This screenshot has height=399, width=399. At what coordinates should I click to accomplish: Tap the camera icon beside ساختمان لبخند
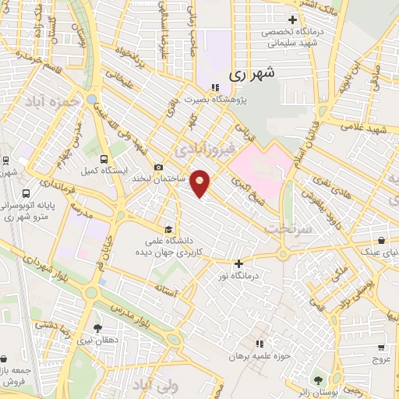tap(159, 167)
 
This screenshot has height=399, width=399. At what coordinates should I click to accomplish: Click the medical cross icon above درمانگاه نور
tap(239, 263)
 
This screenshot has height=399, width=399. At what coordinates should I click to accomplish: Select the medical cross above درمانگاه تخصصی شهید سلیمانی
tap(293, 20)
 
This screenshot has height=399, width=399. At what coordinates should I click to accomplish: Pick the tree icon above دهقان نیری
tap(97, 329)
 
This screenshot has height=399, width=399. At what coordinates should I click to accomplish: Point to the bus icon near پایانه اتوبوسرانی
tap(26, 193)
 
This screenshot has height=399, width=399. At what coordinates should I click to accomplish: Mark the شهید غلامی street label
tap(365, 127)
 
